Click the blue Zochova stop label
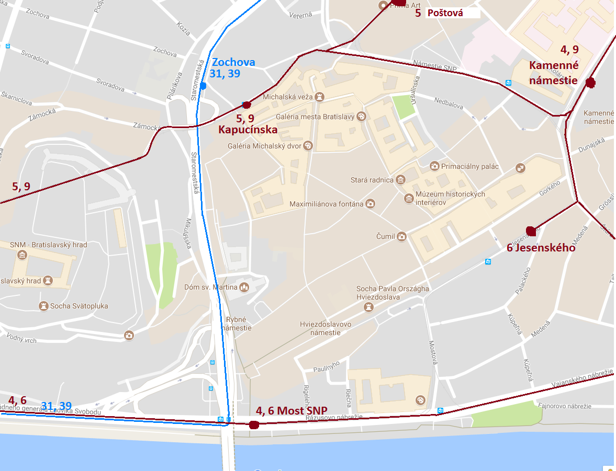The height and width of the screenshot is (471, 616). [x=233, y=62]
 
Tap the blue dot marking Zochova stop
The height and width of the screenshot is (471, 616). [x=203, y=85]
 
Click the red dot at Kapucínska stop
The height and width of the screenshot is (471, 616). [x=247, y=105]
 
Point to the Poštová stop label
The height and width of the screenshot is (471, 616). [x=445, y=13]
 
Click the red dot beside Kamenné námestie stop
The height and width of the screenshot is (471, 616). [x=590, y=82]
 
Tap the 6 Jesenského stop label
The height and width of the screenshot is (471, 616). [x=541, y=248]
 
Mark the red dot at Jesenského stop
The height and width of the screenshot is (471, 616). [x=530, y=231]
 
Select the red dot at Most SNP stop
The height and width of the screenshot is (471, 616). [x=254, y=424]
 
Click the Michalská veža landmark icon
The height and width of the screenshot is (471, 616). [x=321, y=97]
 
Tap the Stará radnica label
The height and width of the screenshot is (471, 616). [x=372, y=180]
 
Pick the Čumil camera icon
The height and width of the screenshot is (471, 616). [x=401, y=236]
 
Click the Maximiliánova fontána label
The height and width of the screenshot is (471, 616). [x=326, y=203]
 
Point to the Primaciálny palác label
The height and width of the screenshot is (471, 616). [x=469, y=167]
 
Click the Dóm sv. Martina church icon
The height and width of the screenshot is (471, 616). [x=243, y=288]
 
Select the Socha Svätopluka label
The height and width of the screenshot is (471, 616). [x=79, y=306]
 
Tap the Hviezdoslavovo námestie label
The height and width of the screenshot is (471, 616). [x=326, y=328]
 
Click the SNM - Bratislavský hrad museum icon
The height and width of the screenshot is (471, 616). [x=22, y=255]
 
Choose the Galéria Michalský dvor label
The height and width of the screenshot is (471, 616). [x=264, y=146]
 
